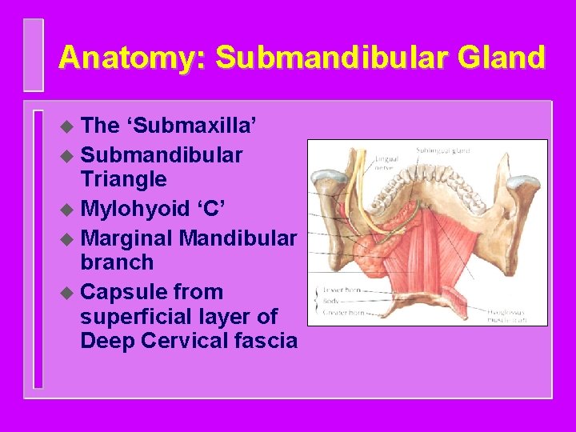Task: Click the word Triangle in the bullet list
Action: pyautogui.click(x=123, y=178)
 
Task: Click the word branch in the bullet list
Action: pyautogui.click(x=117, y=263)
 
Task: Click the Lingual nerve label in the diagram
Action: pyautogui.click(x=386, y=164)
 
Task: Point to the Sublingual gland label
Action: pyautogui.click(x=442, y=150)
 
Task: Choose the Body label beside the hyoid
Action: pyautogui.click(x=330, y=301)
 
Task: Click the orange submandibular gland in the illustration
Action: pyautogui.click(x=371, y=254)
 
